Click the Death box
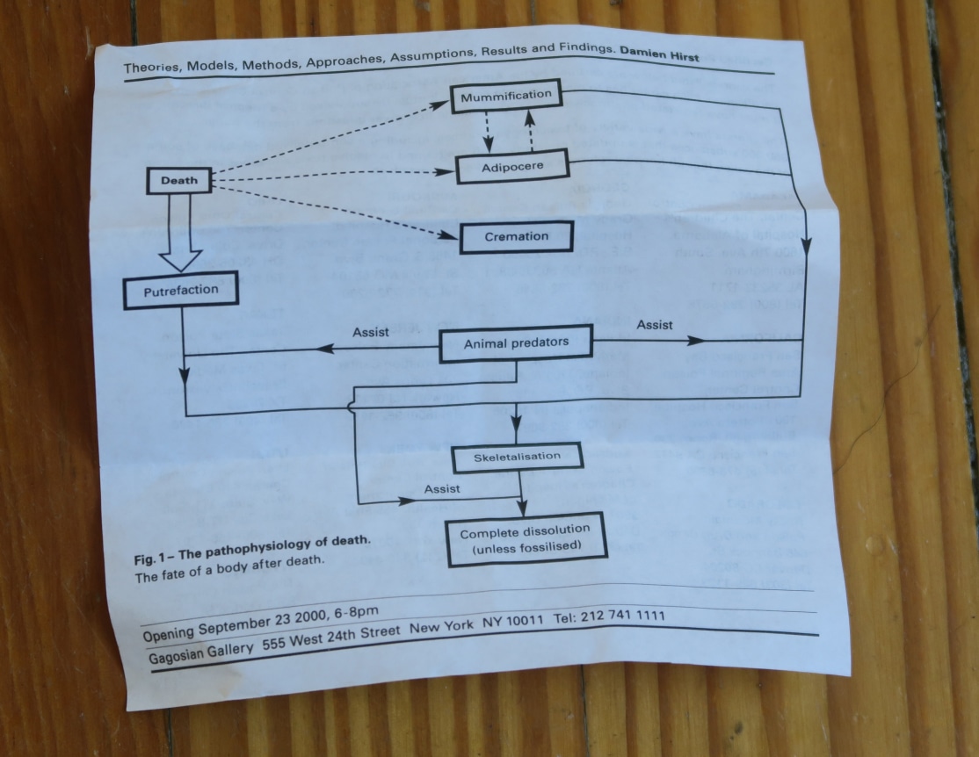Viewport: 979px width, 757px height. click(x=179, y=182)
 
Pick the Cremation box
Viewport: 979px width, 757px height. click(x=517, y=236)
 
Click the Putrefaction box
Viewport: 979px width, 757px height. click(x=181, y=292)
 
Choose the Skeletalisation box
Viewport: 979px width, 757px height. click(x=517, y=458)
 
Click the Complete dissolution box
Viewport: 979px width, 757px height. click(x=525, y=541)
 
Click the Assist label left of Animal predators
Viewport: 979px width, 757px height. click(x=370, y=332)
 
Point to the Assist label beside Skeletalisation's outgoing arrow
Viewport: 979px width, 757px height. click(x=442, y=487)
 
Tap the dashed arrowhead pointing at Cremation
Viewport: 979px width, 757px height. click(x=451, y=234)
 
